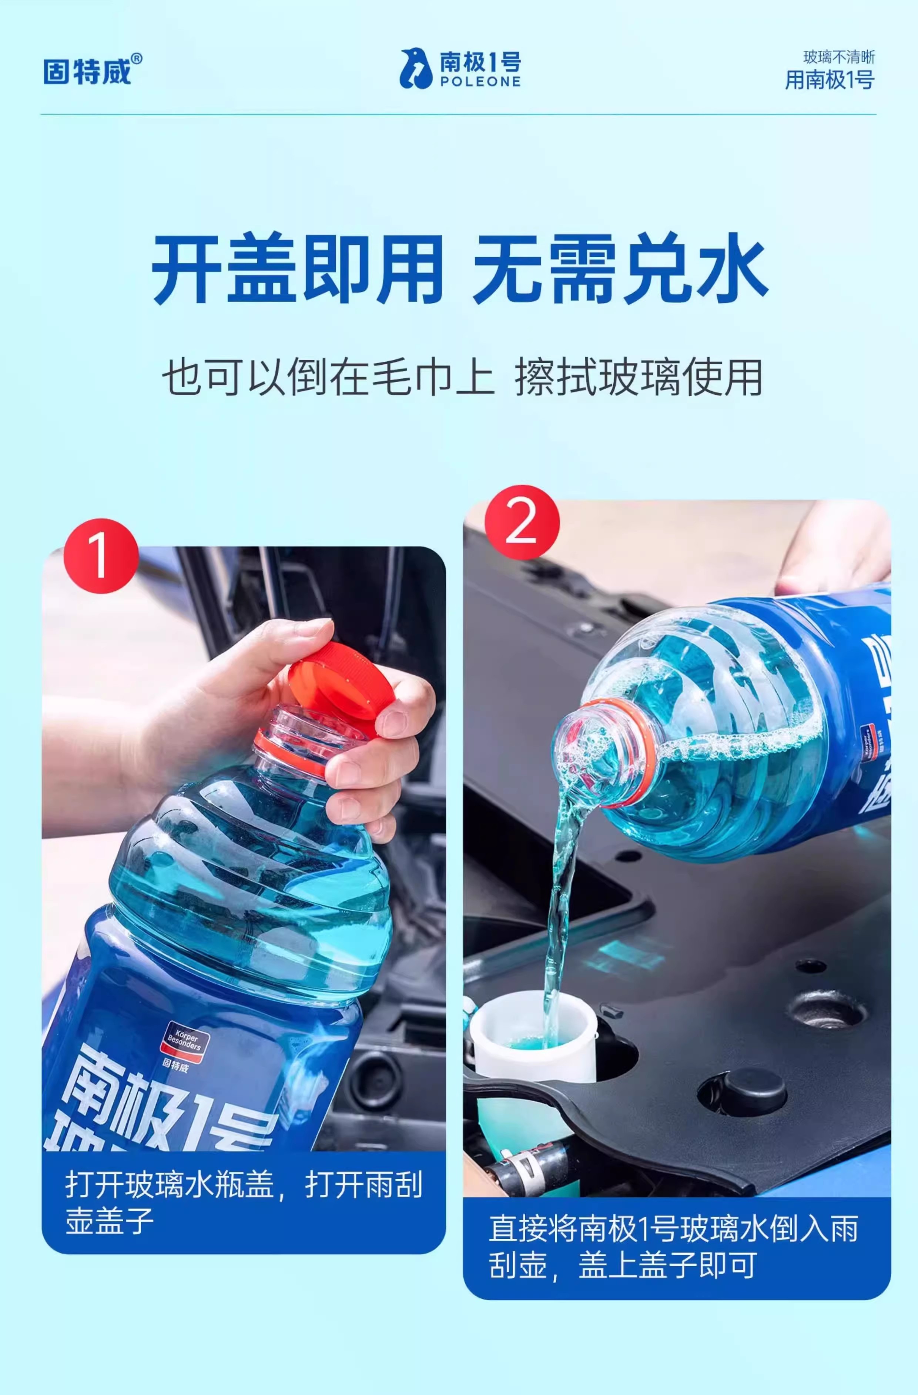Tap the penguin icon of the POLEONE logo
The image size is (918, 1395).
pyautogui.click(x=416, y=68)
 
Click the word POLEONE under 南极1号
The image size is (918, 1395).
pyautogui.click(x=480, y=82)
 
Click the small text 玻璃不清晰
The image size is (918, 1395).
pyautogui.click(x=839, y=57)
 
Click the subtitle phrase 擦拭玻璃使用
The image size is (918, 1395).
pyautogui.click(x=639, y=378)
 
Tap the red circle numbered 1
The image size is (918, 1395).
pyautogui.click(x=101, y=556)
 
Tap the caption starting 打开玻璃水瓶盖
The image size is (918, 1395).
pyautogui.click(x=244, y=1203)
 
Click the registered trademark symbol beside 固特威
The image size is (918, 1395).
pyautogui.click(x=136, y=58)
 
